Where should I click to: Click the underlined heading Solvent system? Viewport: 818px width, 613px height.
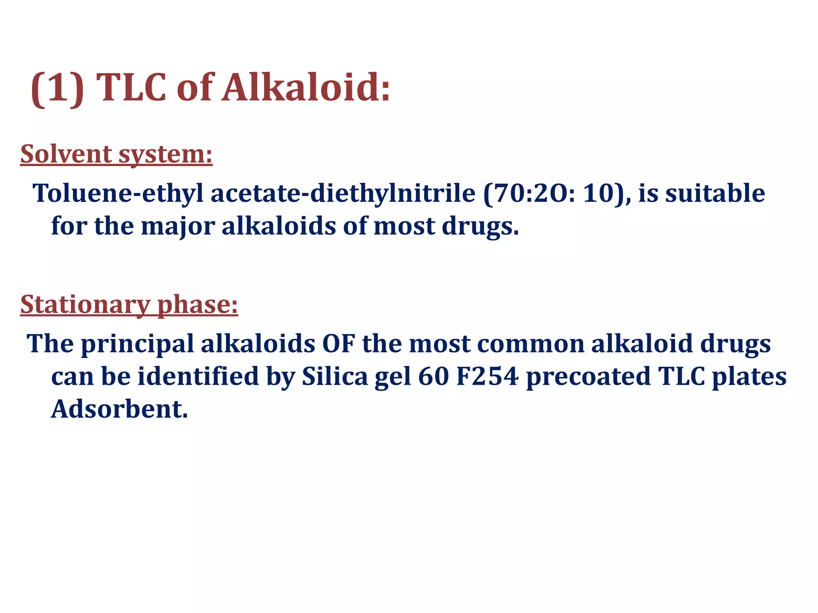116,154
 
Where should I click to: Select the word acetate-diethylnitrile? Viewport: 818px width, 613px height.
343,193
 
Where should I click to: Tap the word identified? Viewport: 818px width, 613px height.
198,376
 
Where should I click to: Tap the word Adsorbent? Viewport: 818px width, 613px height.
119,409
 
